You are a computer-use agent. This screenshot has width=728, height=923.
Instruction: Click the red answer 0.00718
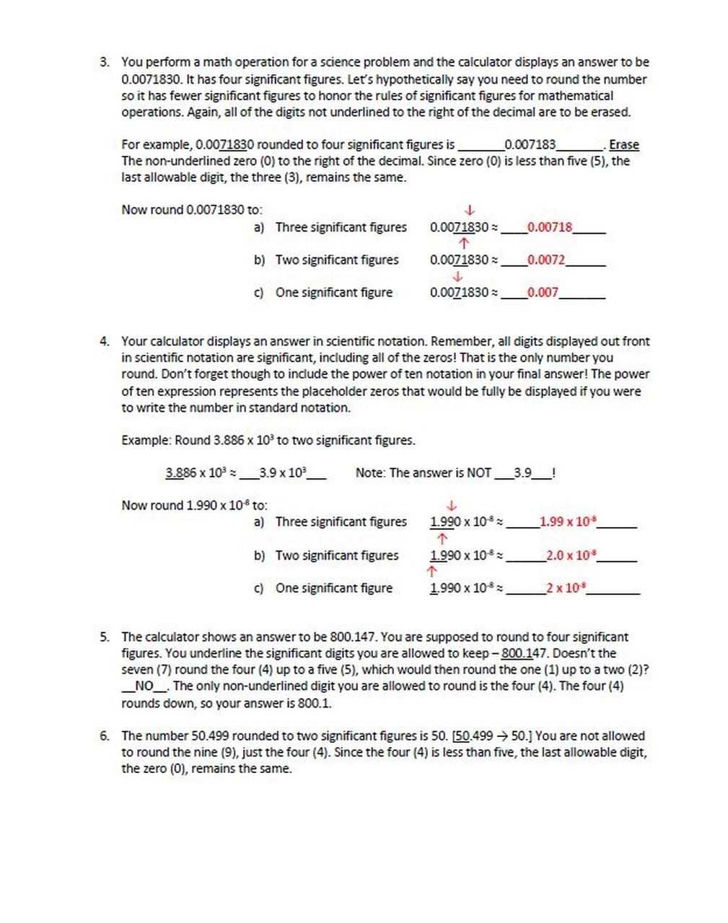(x=550, y=227)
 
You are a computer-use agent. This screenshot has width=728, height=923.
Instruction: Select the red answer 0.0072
(x=546, y=260)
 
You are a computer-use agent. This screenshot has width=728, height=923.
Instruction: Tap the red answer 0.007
(x=543, y=292)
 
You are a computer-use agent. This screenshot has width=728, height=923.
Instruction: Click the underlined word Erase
(x=624, y=145)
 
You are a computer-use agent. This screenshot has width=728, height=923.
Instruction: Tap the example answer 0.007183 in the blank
(x=530, y=145)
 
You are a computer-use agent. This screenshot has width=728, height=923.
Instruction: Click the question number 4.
(x=105, y=341)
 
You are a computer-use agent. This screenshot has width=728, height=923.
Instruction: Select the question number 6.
(x=105, y=736)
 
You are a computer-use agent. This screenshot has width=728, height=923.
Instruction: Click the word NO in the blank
(x=144, y=686)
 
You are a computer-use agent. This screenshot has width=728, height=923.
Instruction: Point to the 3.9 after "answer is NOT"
(x=522, y=473)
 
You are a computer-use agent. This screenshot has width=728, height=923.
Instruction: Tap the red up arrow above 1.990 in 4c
(x=432, y=572)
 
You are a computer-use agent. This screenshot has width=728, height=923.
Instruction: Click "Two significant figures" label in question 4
(x=337, y=555)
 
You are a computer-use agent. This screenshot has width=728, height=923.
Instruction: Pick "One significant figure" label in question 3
(x=334, y=292)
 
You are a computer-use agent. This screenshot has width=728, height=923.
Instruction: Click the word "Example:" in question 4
(x=146, y=440)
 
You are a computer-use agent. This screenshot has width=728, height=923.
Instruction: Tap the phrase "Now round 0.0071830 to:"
(x=192, y=210)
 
